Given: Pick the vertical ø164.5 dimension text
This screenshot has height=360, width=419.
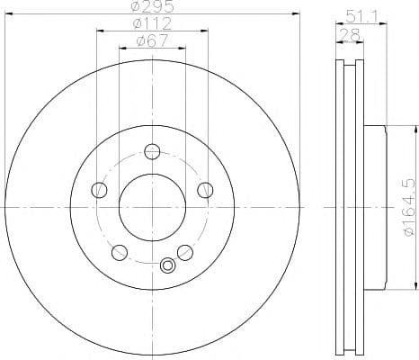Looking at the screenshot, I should (410, 209).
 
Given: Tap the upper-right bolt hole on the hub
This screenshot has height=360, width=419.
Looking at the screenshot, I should (204, 189).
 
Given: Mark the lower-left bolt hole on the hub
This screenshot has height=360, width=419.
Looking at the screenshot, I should (120, 251).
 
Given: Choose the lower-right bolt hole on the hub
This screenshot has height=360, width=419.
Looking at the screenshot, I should (184, 251).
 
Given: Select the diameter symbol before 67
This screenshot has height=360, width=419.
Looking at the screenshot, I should (139, 40).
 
